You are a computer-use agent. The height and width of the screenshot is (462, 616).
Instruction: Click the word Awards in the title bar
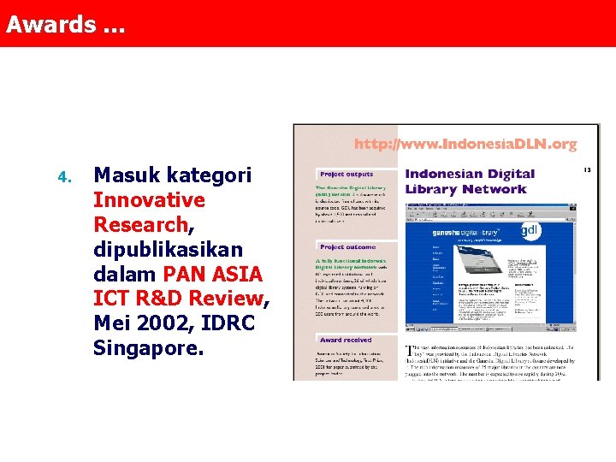[x=50, y=24]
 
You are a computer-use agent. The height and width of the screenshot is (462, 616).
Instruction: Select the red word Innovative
[x=149, y=200]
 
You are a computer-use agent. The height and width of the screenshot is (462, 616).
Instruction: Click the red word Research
[x=139, y=225]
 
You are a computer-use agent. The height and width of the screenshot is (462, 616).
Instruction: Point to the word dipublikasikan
[x=168, y=250]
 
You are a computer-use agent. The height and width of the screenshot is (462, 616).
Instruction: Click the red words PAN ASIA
[x=212, y=275]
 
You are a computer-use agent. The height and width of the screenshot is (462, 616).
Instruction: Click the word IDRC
[x=223, y=324]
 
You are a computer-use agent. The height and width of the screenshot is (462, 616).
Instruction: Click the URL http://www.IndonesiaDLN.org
[x=465, y=145]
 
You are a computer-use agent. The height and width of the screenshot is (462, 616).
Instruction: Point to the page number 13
[x=587, y=169]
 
